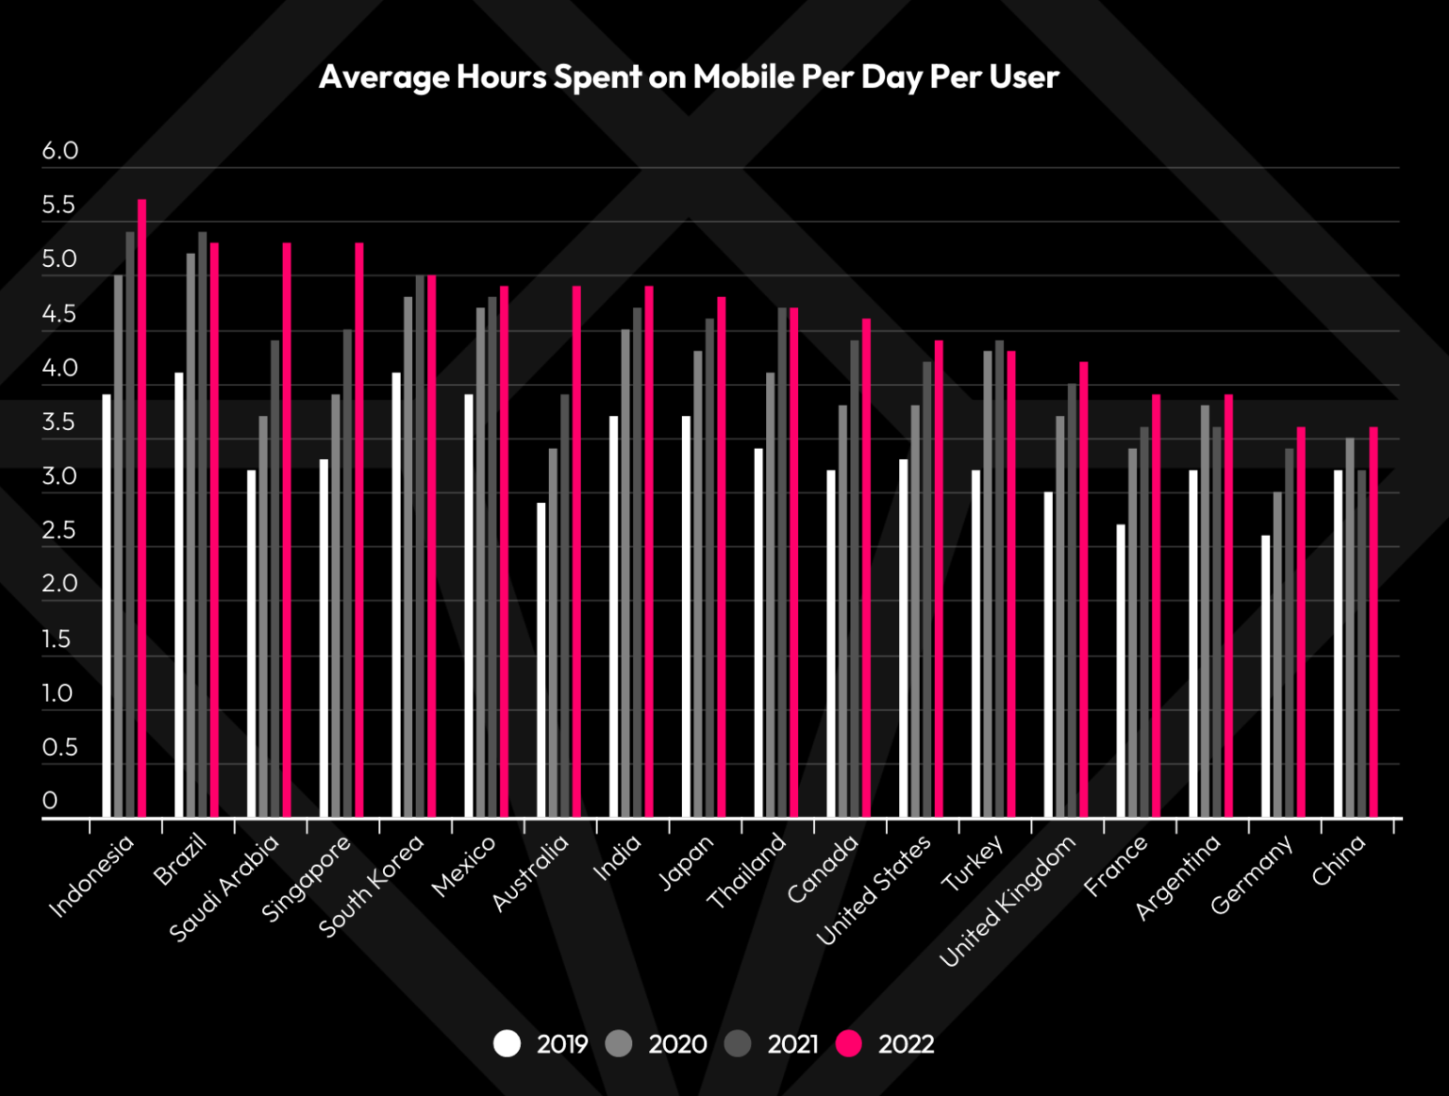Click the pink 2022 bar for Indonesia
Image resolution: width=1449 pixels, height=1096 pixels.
pos(142,509)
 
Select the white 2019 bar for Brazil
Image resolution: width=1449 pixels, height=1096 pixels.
pos(179,594)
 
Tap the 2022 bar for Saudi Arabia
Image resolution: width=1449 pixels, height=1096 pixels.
pos(287,528)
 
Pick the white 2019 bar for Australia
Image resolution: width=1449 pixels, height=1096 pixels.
pos(541,660)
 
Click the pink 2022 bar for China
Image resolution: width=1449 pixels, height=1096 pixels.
pos(1374,623)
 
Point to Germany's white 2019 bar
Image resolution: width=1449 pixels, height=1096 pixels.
pos(1266,675)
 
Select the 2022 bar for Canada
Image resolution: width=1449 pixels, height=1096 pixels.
pos(866,566)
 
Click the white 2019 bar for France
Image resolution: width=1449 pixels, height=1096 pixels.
pos(1121,670)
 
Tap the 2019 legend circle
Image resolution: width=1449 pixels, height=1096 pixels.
pos(508,1043)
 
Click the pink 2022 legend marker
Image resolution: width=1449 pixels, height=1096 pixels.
pos(849,1043)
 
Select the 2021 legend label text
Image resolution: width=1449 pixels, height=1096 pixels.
pos(792,1044)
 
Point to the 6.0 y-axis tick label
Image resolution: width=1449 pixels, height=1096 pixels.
pos(59,151)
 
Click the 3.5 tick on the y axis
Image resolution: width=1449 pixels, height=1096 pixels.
pos(58,422)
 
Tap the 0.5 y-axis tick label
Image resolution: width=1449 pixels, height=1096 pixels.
pos(59,747)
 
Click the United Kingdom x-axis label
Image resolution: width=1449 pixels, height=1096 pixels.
pos(1008,901)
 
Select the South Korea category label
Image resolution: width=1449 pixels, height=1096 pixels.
pos(372,886)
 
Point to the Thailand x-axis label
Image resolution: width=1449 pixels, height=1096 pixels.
pos(746,871)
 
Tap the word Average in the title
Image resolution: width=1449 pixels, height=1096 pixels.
pos(385,76)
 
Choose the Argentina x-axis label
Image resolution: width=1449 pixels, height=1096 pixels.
pos(1177,876)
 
